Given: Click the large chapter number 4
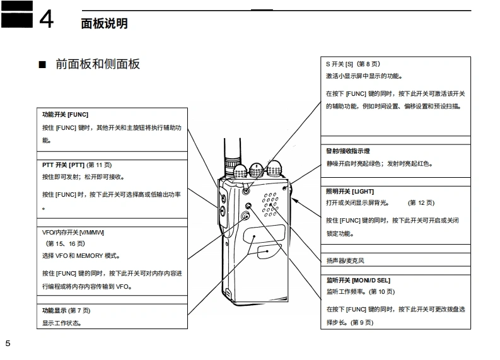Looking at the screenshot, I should pyautogui.click(x=47, y=20).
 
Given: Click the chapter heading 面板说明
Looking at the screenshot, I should pyautogui.click(x=105, y=23).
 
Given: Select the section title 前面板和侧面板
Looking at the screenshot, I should pyautogui.click(x=97, y=64).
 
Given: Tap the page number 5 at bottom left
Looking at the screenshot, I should pyautogui.click(x=8, y=343).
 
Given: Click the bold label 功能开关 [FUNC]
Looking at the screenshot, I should pyautogui.click(x=66, y=115).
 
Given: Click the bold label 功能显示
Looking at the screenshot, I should pyautogui.click(x=54, y=310).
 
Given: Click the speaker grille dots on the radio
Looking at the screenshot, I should pyautogui.click(x=271, y=202).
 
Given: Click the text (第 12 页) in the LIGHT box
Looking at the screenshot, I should pyautogui.click(x=421, y=203).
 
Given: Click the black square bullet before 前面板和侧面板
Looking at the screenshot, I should pyautogui.click(x=43, y=65).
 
